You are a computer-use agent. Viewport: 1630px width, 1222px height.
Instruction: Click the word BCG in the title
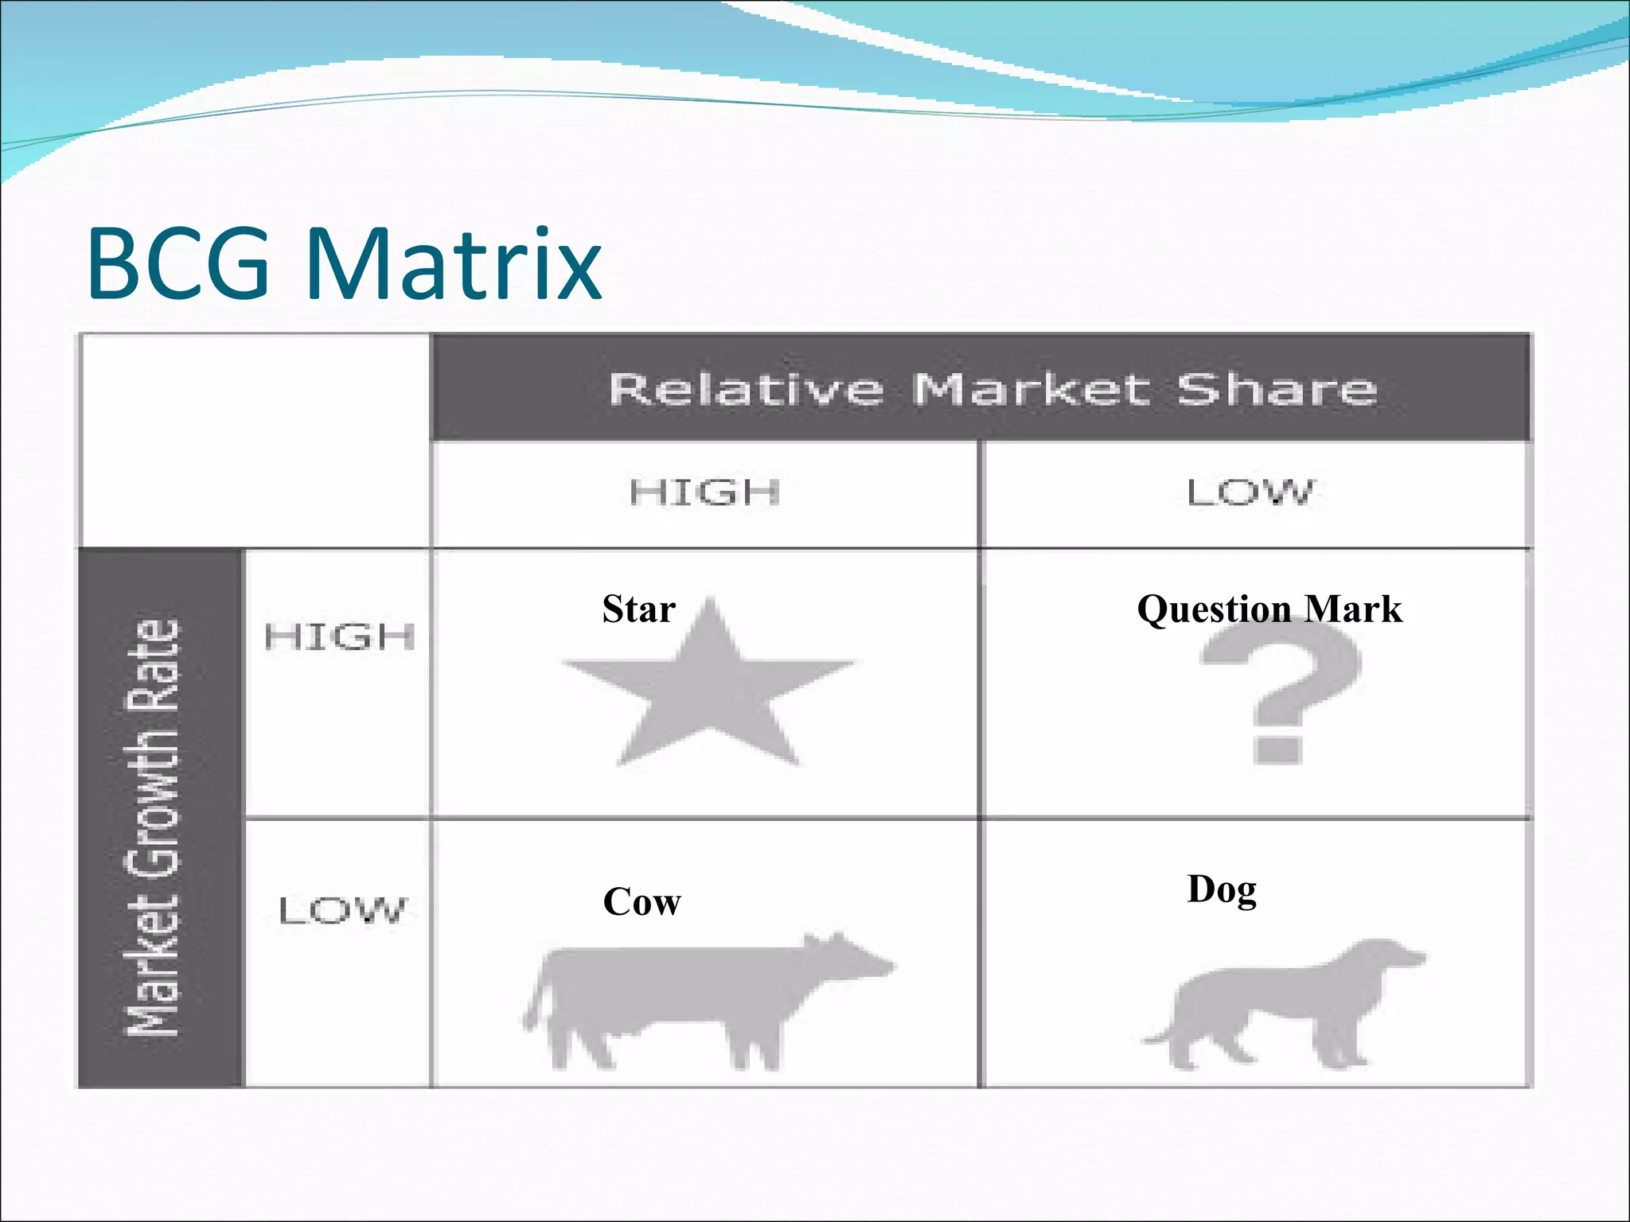179,265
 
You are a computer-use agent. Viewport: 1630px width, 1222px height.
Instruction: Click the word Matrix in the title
454,265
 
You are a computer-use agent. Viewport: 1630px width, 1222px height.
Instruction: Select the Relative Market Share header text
992,390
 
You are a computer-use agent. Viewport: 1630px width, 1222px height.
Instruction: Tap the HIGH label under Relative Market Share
704,492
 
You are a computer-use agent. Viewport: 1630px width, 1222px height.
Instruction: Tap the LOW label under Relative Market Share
1251,492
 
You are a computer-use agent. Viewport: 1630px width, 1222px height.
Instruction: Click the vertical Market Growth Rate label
154,827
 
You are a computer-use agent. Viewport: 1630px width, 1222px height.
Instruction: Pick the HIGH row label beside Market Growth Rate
340,637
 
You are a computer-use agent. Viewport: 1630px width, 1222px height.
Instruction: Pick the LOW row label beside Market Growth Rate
342,910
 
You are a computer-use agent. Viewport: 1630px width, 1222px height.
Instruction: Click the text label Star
639,609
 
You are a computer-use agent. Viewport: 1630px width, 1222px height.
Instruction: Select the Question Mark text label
1269,609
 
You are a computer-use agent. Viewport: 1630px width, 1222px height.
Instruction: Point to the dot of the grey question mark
1277,749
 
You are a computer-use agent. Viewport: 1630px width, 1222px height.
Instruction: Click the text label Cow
641,902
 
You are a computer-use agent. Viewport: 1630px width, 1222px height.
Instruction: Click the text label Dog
1222,889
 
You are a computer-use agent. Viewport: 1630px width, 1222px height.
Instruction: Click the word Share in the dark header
1277,390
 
